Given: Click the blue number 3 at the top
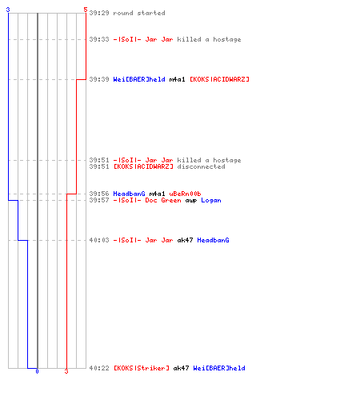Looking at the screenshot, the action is point(8,10).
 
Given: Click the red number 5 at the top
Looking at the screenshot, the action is point(86,10).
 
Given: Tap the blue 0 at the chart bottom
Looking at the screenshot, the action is point(37,371).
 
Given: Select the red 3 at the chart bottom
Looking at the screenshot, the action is point(66,371).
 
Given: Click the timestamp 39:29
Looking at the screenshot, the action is point(99,13).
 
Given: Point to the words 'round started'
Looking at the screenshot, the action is point(139,13).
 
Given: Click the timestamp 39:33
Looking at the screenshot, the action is point(99,39).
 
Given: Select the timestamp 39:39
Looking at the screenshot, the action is point(99,79).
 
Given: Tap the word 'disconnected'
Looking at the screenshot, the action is point(201,166).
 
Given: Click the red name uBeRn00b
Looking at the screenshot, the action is point(185,194).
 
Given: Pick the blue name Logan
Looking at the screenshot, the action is point(211,200).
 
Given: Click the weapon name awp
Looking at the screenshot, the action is point(191,201).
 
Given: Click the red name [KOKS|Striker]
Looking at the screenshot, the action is point(142,368).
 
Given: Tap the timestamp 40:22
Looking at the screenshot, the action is point(99,368).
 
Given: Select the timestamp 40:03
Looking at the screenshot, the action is point(99,240).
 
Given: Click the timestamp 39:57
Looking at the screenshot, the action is point(99,200).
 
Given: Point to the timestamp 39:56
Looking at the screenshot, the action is point(99,194).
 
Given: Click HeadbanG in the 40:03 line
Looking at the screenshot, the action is point(213,240).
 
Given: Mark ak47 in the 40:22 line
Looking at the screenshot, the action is point(181,368).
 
